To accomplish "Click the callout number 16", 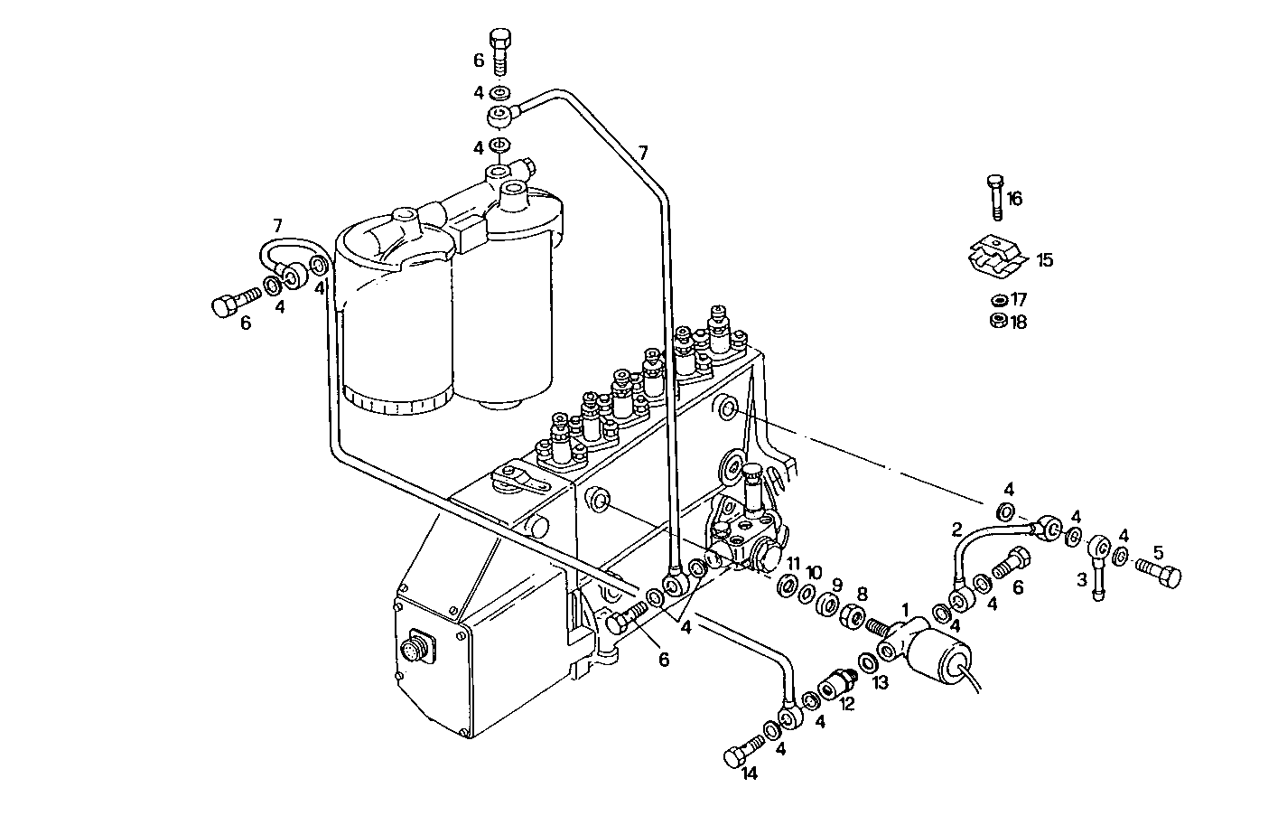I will point(1015,199).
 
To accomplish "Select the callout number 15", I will point(1044,260).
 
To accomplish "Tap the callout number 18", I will point(1019,322).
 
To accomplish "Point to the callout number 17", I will point(1019,299).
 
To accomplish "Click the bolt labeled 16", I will point(994,195).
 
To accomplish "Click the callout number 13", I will point(881,683).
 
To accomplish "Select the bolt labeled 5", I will point(1159,572).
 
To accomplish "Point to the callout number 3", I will point(1082,580).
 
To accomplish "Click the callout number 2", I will point(956,529).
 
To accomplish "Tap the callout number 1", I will point(905,610).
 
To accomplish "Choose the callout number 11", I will point(792,564).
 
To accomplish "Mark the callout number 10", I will point(814,573).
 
